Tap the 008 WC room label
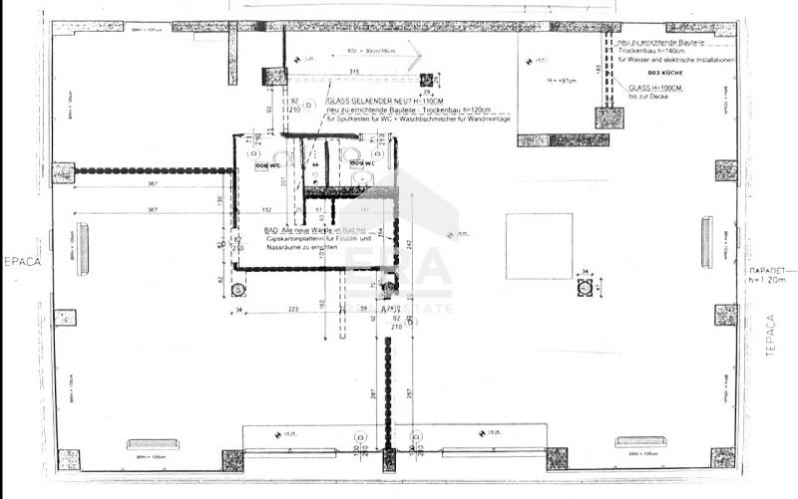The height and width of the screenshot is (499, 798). (266, 164)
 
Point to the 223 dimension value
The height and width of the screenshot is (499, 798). (292, 310)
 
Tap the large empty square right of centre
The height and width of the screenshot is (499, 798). (539, 246)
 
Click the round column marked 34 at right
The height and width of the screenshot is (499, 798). (586, 288)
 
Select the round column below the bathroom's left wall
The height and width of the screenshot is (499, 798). (238, 290)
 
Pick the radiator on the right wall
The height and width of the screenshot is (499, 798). (706, 243)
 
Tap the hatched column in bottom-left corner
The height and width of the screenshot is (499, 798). (68, 459)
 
